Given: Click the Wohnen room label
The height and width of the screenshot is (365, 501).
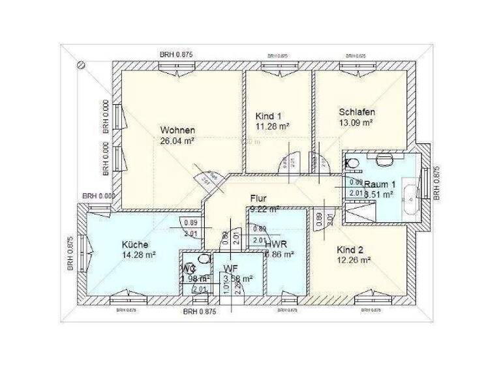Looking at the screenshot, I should coord(177,130).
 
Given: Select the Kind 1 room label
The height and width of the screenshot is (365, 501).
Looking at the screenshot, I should coord(269,116).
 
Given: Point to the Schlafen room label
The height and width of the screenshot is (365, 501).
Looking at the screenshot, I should coord(357,111).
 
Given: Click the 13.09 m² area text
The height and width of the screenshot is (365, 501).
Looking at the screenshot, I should coord(356,122).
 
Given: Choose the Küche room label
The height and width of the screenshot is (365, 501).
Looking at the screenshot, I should coord(134,244).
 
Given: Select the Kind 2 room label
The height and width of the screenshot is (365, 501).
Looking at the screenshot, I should coord(350,250).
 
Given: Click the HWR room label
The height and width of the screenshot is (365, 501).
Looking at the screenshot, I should coord(275,244).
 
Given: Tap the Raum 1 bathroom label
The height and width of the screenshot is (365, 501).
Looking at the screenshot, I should coord(379,184).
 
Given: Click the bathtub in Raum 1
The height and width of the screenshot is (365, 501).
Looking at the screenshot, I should coord(410,194).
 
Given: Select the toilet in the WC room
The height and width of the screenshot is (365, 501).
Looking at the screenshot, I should coord(205,259).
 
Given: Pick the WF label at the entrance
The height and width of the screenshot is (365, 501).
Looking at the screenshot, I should coord(230,268).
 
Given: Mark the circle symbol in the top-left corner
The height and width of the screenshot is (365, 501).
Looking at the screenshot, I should coord(82,66).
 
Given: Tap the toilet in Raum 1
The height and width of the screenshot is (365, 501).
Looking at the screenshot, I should coord(351,162).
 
